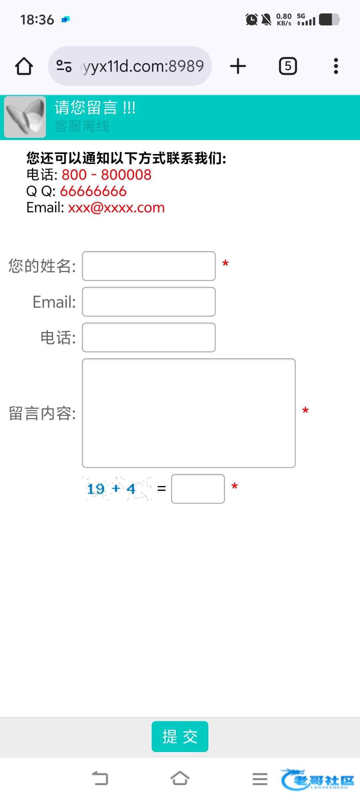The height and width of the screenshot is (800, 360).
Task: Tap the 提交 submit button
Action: (x=180, y=736)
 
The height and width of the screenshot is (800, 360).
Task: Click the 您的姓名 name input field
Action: (x=149, y=266)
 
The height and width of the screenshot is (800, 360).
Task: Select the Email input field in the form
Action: (x=149, y=302)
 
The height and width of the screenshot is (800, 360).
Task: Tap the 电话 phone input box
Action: (x=149, y=337)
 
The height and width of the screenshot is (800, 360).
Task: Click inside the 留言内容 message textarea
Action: (x=189, y=413)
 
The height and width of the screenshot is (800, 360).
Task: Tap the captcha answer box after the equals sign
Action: (x=198, y=489)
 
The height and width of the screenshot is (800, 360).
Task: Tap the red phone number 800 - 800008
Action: (x=106, y=175)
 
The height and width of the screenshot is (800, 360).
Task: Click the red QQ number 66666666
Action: (x=93, y=191)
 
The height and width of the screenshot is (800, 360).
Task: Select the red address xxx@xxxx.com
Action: (x=116, y=208)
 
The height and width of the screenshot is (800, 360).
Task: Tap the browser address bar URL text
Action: (x=143, y=66)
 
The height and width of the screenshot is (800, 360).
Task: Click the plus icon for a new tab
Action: (x=238, y=66)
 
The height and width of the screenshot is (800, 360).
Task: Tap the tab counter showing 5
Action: (x=288, y=66)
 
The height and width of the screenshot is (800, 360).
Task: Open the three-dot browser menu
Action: (x=336, y=66)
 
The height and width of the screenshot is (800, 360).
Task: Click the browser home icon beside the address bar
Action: (x=24, y=66)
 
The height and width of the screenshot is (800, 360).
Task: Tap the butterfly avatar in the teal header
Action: (x=25, y=117)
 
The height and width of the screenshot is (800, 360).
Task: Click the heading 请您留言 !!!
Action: (x=95, y=108)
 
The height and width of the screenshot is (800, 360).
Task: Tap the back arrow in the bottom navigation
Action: (x=100, y=779)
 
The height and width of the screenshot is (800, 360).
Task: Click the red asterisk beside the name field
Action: (x=225, y=264)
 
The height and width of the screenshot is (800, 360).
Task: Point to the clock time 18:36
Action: (x=37, y=20)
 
